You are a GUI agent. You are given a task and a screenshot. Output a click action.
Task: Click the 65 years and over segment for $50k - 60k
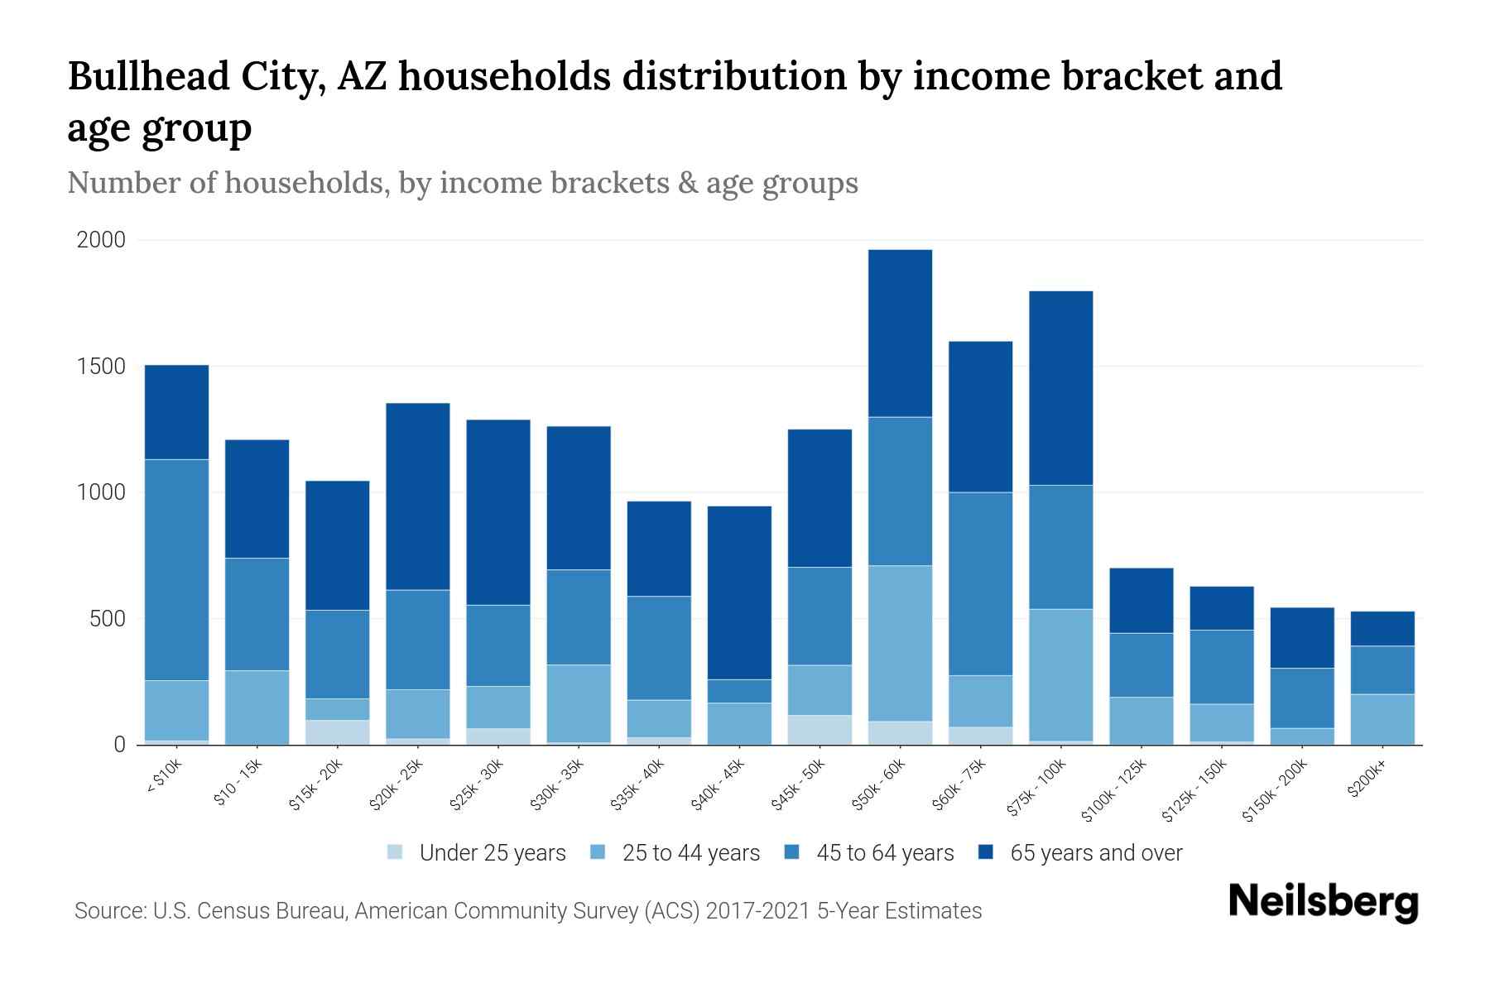[900, 333]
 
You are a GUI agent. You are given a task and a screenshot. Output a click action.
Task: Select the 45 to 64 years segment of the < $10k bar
[176, 569]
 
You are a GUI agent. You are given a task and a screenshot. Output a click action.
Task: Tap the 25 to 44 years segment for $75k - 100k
[1060, 674]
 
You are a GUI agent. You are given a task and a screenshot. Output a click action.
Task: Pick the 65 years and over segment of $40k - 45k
[739, 592]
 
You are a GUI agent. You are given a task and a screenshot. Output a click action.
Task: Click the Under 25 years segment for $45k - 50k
[819, 730]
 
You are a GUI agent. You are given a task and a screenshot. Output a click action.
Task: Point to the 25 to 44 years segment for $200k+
[1382, 719]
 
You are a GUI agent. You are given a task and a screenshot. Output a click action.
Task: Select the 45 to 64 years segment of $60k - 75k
[980, 583]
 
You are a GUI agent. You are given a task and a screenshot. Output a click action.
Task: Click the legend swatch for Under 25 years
[396, 852]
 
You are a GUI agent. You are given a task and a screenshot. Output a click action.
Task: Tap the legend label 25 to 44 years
[690, 852]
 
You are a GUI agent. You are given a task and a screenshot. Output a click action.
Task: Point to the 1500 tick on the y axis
[101, 367]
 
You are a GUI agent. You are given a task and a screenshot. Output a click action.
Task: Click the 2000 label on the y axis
[101, 240]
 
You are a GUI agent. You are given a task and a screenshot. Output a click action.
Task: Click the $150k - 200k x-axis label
[1276, 791]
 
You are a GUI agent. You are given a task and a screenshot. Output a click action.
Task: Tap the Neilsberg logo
[1323, 902]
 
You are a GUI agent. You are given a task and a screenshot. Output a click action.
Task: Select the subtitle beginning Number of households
[462, 183]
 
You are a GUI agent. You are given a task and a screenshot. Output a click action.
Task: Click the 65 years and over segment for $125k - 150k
[1221, 608]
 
